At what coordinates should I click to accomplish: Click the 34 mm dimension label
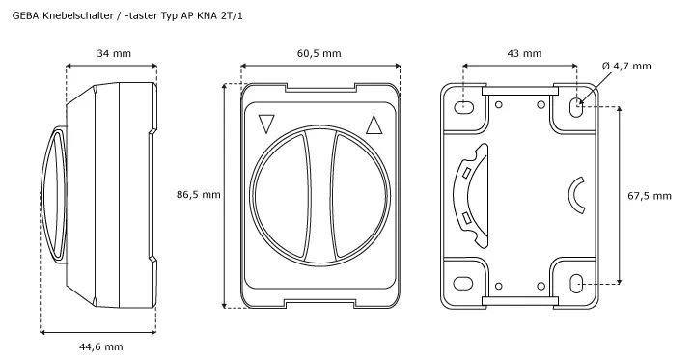click(114, 53)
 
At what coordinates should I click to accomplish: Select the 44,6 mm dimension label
click(100, 347)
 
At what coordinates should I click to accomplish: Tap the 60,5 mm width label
click(319, 53)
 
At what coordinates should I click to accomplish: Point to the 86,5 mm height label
click(199, 194)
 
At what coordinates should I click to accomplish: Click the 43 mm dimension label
click(524, 53)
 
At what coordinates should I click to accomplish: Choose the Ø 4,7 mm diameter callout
click(626, 66)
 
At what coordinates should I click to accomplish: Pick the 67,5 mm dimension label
click(650, 196)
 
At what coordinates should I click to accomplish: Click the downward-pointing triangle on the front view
click(266, 124)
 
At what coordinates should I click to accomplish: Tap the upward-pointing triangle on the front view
click(374, 125)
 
